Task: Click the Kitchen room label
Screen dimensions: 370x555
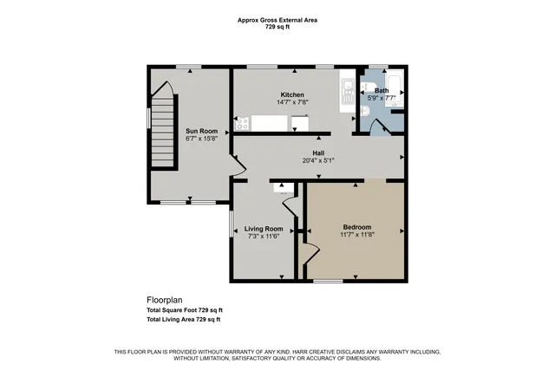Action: (291, 94)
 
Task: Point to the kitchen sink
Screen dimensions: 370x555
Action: (346, 88)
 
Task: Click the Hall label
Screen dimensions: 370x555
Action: (319, 153)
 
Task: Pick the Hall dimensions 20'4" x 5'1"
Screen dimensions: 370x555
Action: (319, 160)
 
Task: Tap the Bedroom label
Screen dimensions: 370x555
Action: (356, 227)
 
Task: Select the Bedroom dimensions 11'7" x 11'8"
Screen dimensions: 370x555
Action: (356, 235)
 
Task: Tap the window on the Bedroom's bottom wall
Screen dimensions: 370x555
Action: (328, 280)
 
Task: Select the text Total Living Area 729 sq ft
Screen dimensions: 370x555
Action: (183, 319)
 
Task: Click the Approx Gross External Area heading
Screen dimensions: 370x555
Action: (277, 20)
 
